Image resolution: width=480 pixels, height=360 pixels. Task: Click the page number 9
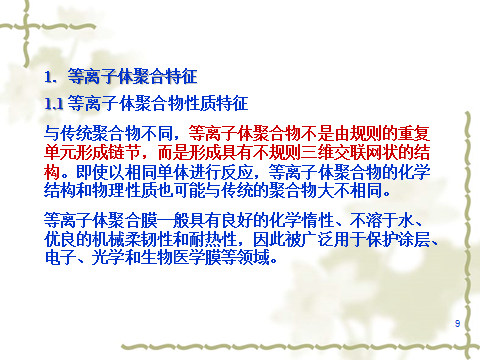tap(457, 323)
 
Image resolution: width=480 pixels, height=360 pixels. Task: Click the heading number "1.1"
tap(54, 104)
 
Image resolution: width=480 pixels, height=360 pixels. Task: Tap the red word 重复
tap(414, 134)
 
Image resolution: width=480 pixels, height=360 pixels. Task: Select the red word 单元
tap(60, 153)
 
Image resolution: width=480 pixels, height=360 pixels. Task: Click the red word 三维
tap(317, 153)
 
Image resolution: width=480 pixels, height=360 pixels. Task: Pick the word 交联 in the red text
tap(349, 153)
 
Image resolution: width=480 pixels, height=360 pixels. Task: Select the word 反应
tap(238, 172)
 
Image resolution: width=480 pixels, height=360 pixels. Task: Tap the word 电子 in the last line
tap(60, 258)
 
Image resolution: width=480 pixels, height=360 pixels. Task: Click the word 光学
tap(108, 258)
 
